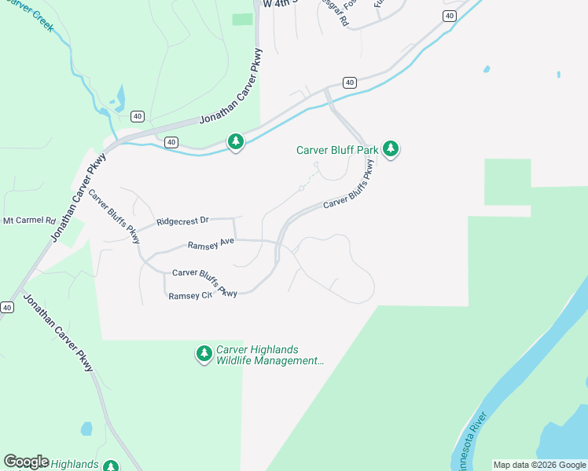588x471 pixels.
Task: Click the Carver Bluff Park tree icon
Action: point(391,149)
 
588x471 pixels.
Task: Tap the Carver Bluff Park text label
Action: point(337,150)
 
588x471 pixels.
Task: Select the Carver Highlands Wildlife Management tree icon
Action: point(204,355)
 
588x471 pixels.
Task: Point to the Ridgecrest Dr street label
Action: point(182,222)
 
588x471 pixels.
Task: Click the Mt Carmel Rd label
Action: point(28,221)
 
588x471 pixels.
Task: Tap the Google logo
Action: point(26,462)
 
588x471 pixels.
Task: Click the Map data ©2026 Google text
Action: point(539,465)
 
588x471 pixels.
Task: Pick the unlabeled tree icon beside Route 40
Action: point(235,142)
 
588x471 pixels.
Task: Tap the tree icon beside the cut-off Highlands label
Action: point(111,466)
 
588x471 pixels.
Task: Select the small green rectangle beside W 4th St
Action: point(242,19)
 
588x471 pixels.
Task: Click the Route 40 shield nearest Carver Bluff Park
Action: point(350,82)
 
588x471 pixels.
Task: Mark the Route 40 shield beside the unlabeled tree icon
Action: point(171,142)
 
